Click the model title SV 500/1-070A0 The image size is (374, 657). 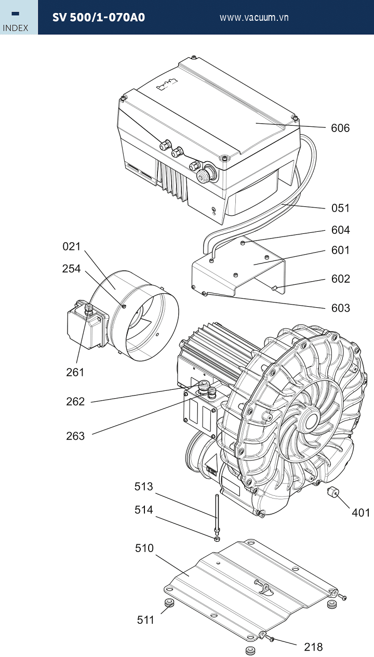pyautogui.click(x=99, y=18)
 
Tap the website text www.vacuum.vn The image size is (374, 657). pyautogui.click(x=254, y=18)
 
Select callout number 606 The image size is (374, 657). pyautogui.click(x=340, y=128)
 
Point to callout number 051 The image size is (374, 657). pyautogui.click(x=340, y=208)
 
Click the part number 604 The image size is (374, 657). pyautogui.click(x=341, y=230)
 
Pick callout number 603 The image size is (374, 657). pyautogui.click(x=341, y=308)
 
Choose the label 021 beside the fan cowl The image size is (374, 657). pyautogui.click(x=72, y=246)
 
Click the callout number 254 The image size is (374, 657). pyautogui.click(x=71, y=269)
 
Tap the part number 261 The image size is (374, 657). pyautogui.click(x=75, y=373)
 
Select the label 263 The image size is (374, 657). pyautogui.click(x=75, y=436)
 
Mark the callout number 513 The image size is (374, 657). pyautogui.click(x=143, y=487)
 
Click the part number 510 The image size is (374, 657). pyautogui.click(x=144, y=548)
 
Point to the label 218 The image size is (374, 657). pyautogui.click(x=313, y=647)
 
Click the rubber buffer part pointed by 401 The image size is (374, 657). pyautogui.click(x=332, y=491)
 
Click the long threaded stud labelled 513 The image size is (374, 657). pyautogui.click(x=217, y=514)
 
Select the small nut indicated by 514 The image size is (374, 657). pyautogui.click(x=217, y=539)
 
